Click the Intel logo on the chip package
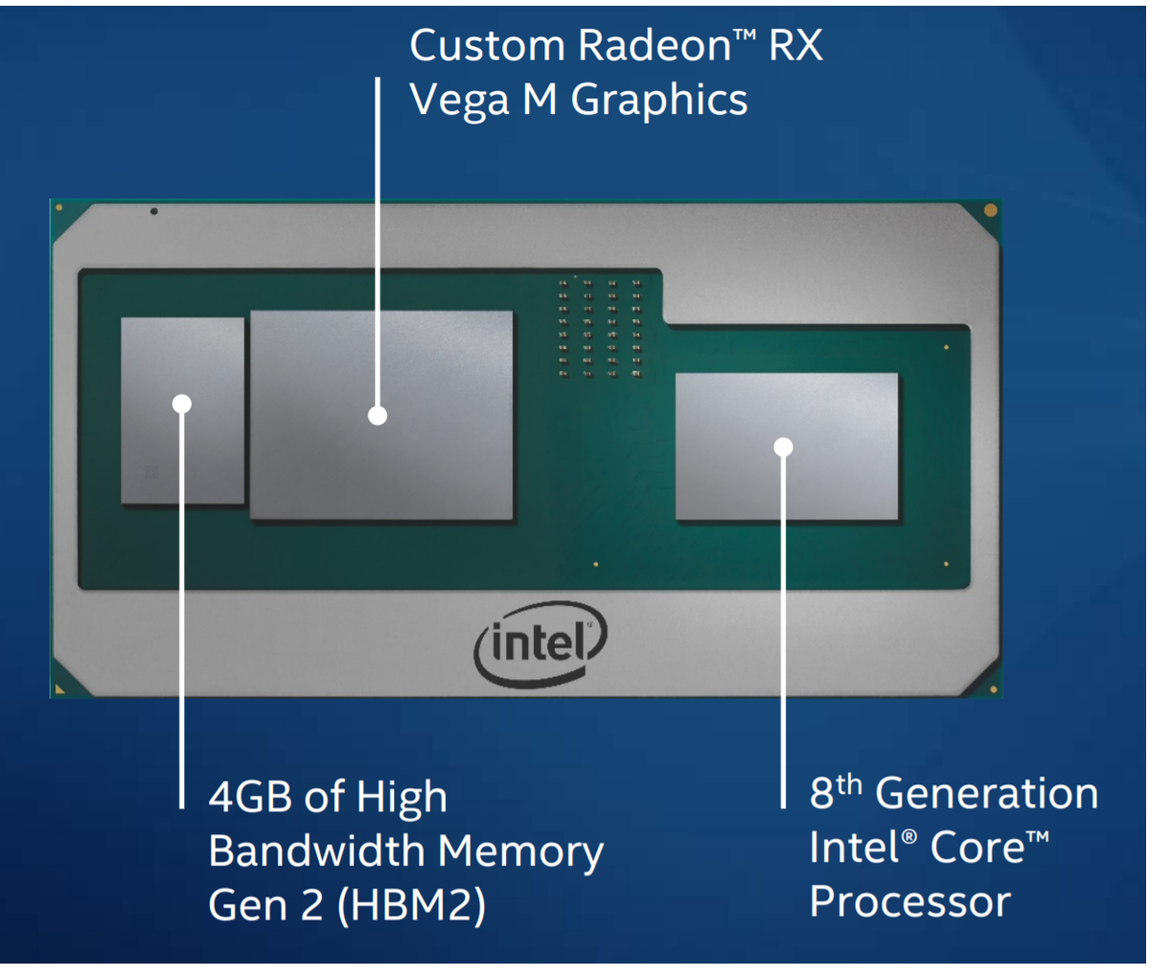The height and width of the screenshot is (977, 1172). tap(540, 644)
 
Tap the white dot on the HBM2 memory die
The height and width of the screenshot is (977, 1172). tap(182, 404)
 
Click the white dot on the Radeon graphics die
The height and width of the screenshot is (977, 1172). tap(378, 415)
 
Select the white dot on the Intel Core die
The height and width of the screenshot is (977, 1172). tap(783, 447)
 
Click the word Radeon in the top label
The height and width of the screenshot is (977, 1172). tap(655, 46)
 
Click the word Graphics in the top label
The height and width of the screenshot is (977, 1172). tap(659, 101)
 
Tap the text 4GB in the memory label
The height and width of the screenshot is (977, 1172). tap(249, 797)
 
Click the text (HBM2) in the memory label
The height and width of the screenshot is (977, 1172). tap(411, 905)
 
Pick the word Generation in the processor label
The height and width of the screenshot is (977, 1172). tap(987, 794)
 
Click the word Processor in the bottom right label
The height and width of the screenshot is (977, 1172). tap(909, 902)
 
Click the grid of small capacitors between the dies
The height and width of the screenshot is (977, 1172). tap(599, 327)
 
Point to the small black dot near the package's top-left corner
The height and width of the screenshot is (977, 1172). tap(154, 211)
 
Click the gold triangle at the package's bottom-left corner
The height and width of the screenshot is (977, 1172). tap(60, 688)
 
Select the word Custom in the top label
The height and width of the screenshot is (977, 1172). tap(487, 46)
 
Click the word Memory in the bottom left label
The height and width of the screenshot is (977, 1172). tap(521, 850)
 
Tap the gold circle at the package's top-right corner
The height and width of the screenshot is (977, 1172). tap(990, 210)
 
